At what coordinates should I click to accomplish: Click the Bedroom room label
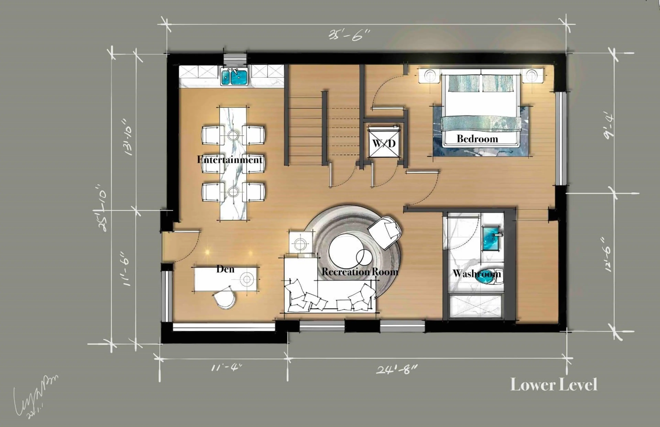pyautogui.click(x=477, y=139)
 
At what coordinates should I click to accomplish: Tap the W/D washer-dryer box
pyautogui.click(x=384, y=143)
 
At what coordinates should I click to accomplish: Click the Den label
pyautogui.click(x=225, y=269)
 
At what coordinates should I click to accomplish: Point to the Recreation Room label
pyautogui.click(x=360, y=272)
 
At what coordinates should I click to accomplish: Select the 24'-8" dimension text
pyautogui.click(x=396, y=369)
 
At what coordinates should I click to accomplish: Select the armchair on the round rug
pyautogui.click(x=385, y=232)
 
